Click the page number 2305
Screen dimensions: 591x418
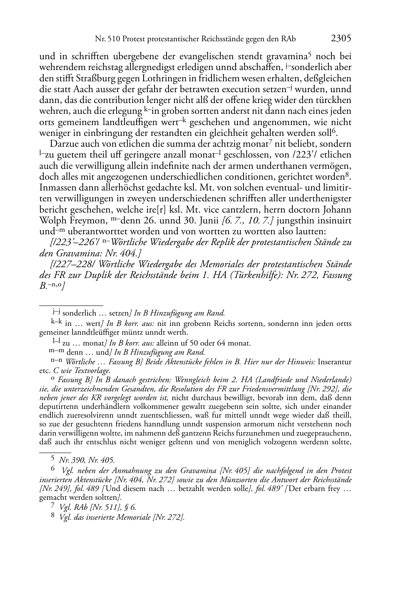[x=341, y=39]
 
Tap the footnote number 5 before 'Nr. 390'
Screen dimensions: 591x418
[x=53, y=460]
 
